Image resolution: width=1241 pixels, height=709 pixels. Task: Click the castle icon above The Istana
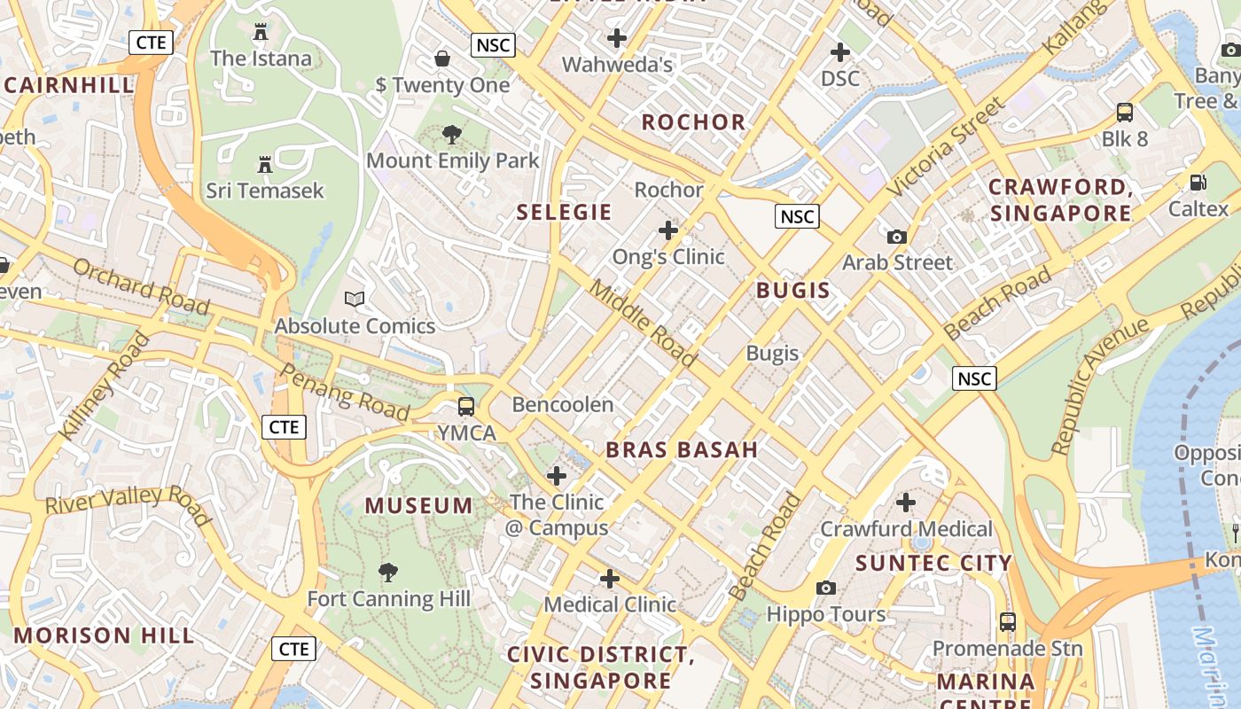coord(260,32)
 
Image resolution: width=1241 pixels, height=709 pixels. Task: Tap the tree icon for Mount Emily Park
coord(452,135)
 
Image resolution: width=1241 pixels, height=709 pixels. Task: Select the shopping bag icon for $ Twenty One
coord(442,58)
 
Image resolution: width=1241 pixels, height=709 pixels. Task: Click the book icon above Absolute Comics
coord(355,300)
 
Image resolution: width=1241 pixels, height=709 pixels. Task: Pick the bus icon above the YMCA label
coord(465,407)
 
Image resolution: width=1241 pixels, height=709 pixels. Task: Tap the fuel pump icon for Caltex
coord(1198,183)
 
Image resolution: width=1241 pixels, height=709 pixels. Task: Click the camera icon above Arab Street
coord(897,237)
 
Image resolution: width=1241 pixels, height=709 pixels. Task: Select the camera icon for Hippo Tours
coord(826,588)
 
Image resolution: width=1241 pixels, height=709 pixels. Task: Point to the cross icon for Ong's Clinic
coord(668,230)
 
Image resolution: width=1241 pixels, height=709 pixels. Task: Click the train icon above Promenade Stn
coord(1007,622)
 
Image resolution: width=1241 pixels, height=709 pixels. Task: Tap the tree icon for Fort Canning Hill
coord(387,573)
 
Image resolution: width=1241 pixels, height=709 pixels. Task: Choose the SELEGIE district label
coord(565,212)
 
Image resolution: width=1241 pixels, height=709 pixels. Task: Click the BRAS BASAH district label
coord(682,449)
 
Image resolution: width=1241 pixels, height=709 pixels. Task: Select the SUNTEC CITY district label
coord(933,563)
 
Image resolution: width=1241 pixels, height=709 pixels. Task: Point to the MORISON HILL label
coord(104,635)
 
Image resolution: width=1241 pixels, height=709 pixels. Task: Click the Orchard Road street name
coord(141,286)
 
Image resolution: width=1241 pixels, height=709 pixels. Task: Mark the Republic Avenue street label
coord(1100,387)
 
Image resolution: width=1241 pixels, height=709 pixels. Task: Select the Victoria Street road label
coord(946,147)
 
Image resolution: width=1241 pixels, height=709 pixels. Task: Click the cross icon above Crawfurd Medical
coord(905,503)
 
